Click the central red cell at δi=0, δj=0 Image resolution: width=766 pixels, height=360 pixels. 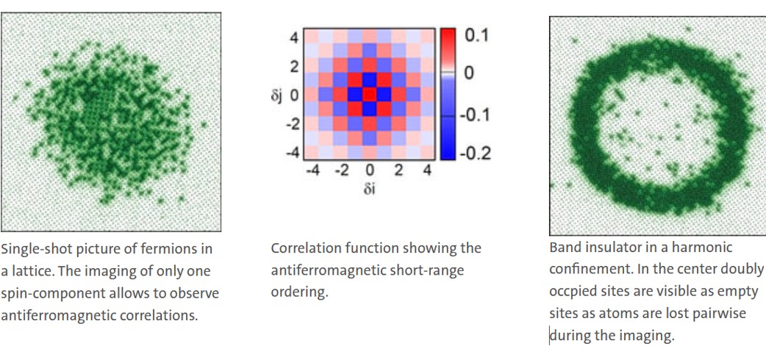pyautogui.click(x=369, y=94)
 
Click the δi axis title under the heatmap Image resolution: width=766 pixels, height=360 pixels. pyautogui.click(x=369, y=189)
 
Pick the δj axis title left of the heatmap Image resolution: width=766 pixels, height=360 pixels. pyautogui.click(x=277, y=94)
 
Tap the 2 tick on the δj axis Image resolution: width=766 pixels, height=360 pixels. pyautogui.click(x=295, y=66)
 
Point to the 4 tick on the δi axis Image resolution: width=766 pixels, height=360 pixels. pyautogui.click(x=427, y=171)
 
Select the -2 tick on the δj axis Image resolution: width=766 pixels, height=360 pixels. pyautogui.click(x=292, y=124)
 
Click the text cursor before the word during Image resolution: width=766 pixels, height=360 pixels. pyautogui.click(x=550, y=336)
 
